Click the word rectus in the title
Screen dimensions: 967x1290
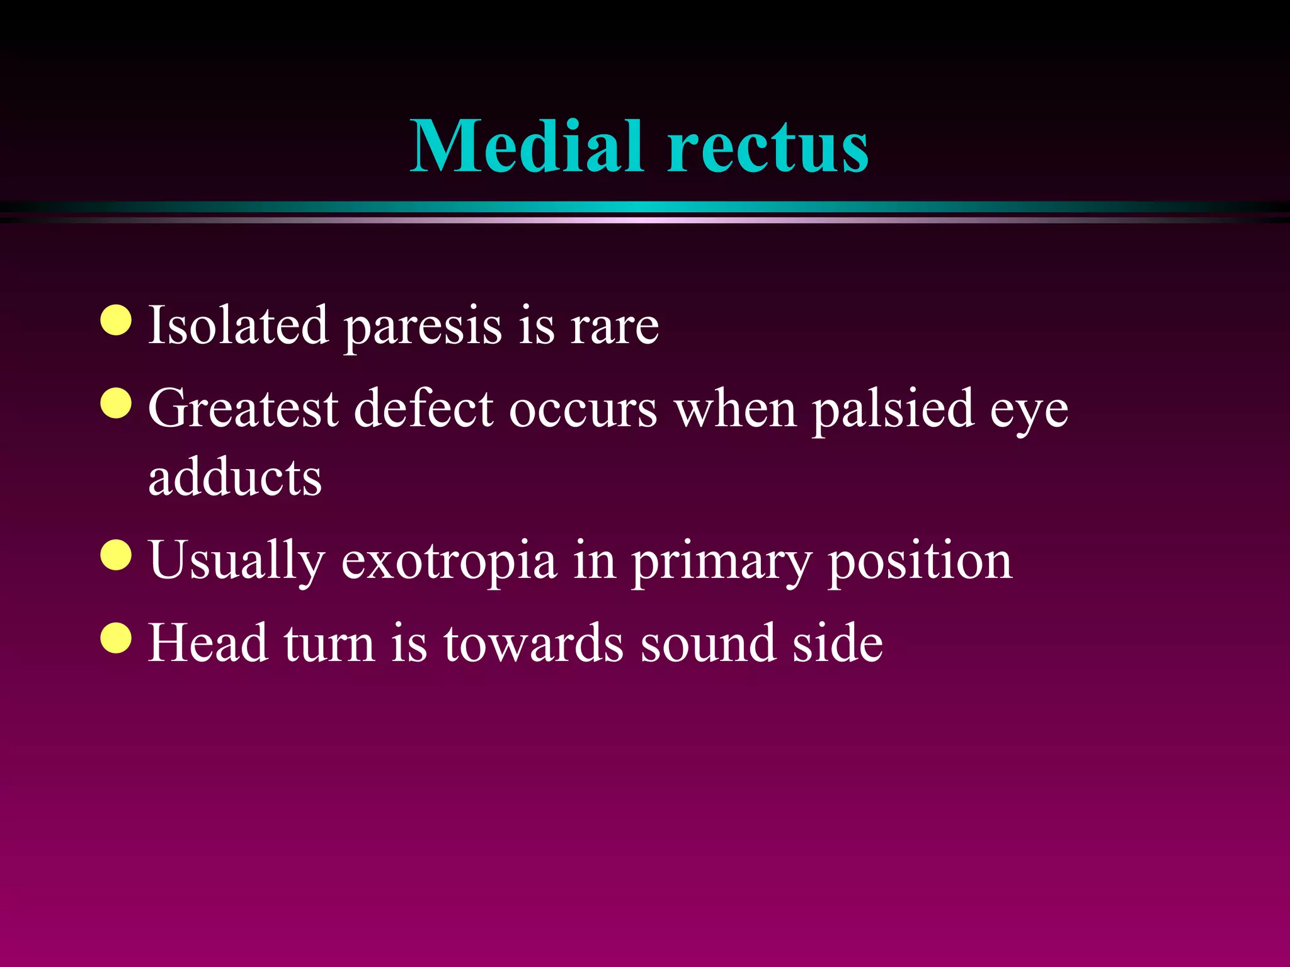[768, 149]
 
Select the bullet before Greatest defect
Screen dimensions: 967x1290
[116, 403]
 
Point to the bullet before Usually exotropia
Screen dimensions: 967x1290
[116, 555]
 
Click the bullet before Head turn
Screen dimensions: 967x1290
[116, 638]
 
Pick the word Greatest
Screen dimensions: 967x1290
[243, 409]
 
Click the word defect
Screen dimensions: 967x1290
[423, 409]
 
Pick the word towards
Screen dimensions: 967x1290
[534, 643]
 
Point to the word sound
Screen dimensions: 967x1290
[708, 643]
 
